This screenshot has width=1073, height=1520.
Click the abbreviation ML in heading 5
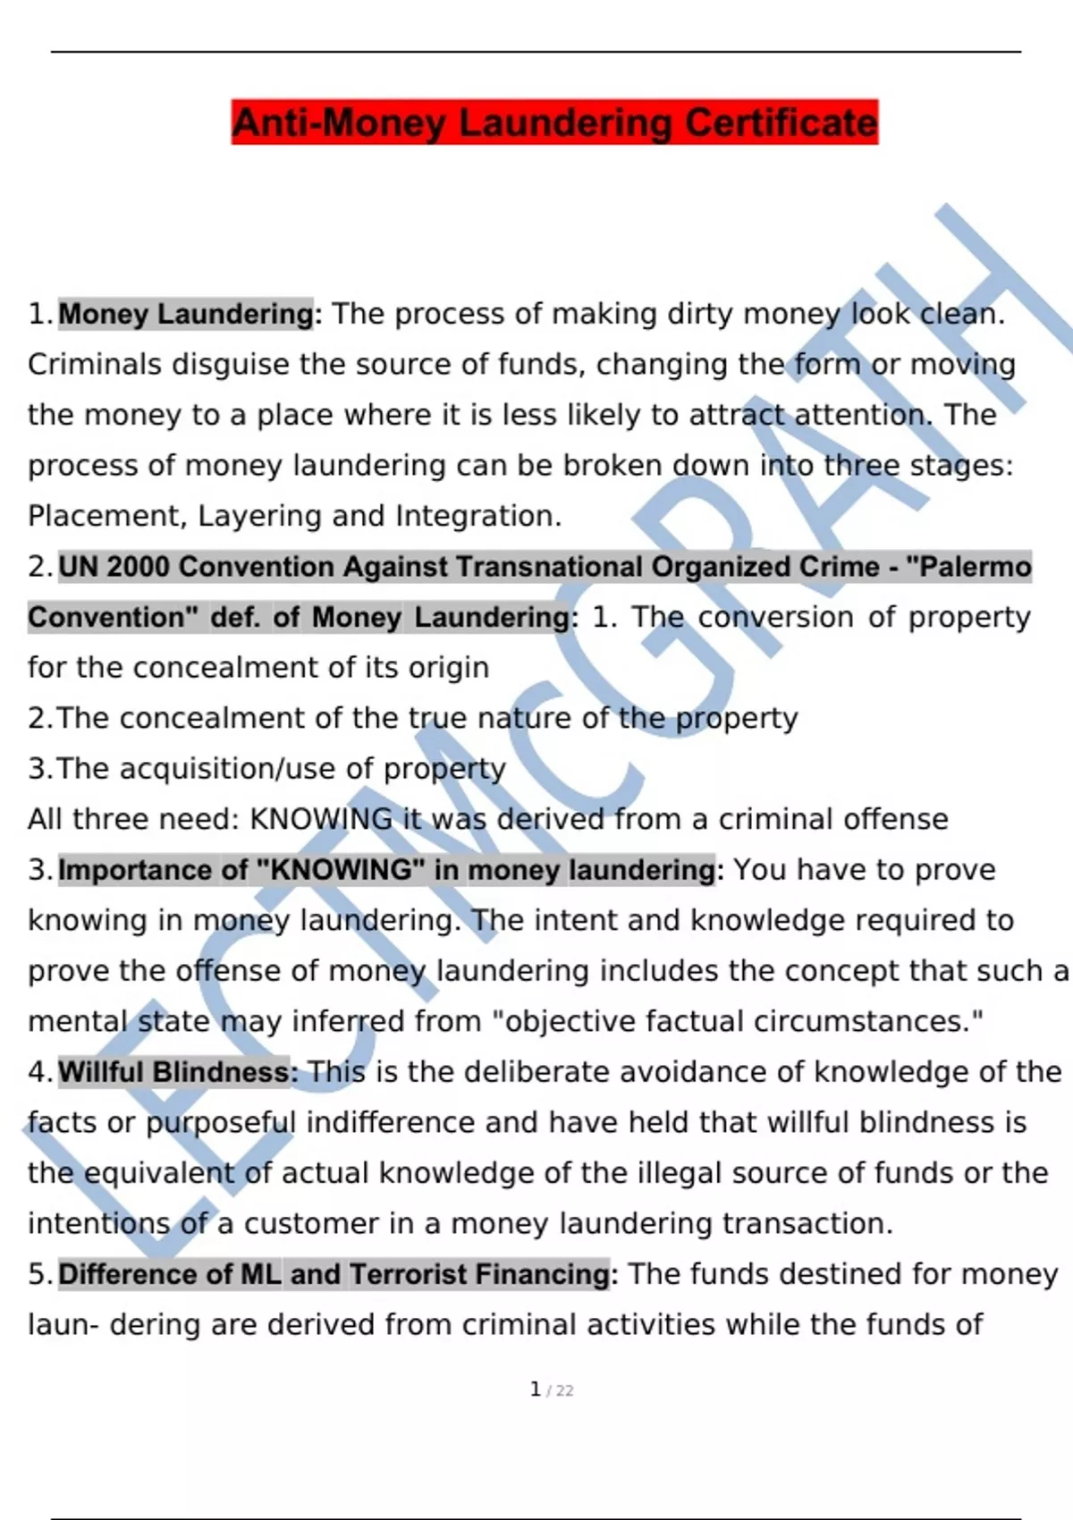(x=261, y=1274)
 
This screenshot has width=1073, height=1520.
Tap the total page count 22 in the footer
(x=564, y=1390)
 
